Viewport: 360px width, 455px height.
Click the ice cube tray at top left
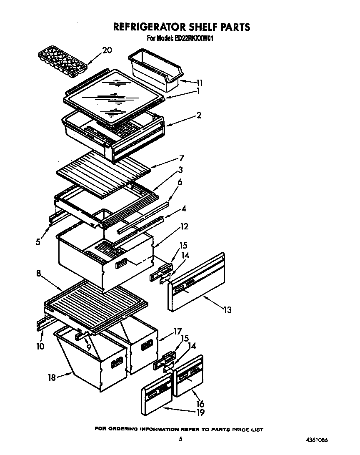(x=62, y=61)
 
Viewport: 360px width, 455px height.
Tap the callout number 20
(x=107, y=50)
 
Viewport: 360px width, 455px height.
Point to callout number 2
(x=199, y=115)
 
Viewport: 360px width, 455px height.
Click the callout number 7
(x=181, y=158)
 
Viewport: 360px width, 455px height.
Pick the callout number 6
(x=180, y=182)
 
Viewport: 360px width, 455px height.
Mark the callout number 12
(x=184, y=227)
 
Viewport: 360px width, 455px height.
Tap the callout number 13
(x=227, y=309)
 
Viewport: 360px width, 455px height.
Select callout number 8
(x=38, y=274)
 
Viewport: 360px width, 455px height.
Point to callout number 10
(x=40, y=346)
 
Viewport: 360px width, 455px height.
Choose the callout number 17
(x=178, y=332)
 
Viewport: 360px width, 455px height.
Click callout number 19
(x=200, y=412)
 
